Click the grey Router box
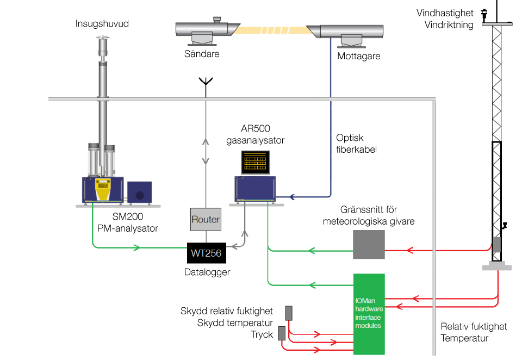click(206, 219)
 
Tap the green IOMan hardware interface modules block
click(369, 314)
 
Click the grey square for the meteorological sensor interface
click(369, 244)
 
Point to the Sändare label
click(202, 54)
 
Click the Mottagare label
click(359, 56)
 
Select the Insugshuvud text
click(102, 24)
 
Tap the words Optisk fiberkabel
click(356, 144)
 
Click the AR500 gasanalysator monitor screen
click(256, 162)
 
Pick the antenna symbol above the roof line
click(206, 83)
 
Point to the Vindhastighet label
click(445, 13)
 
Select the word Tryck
click(262, 334)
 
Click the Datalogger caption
click(207, 272)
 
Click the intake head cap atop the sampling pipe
click(102, 42)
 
